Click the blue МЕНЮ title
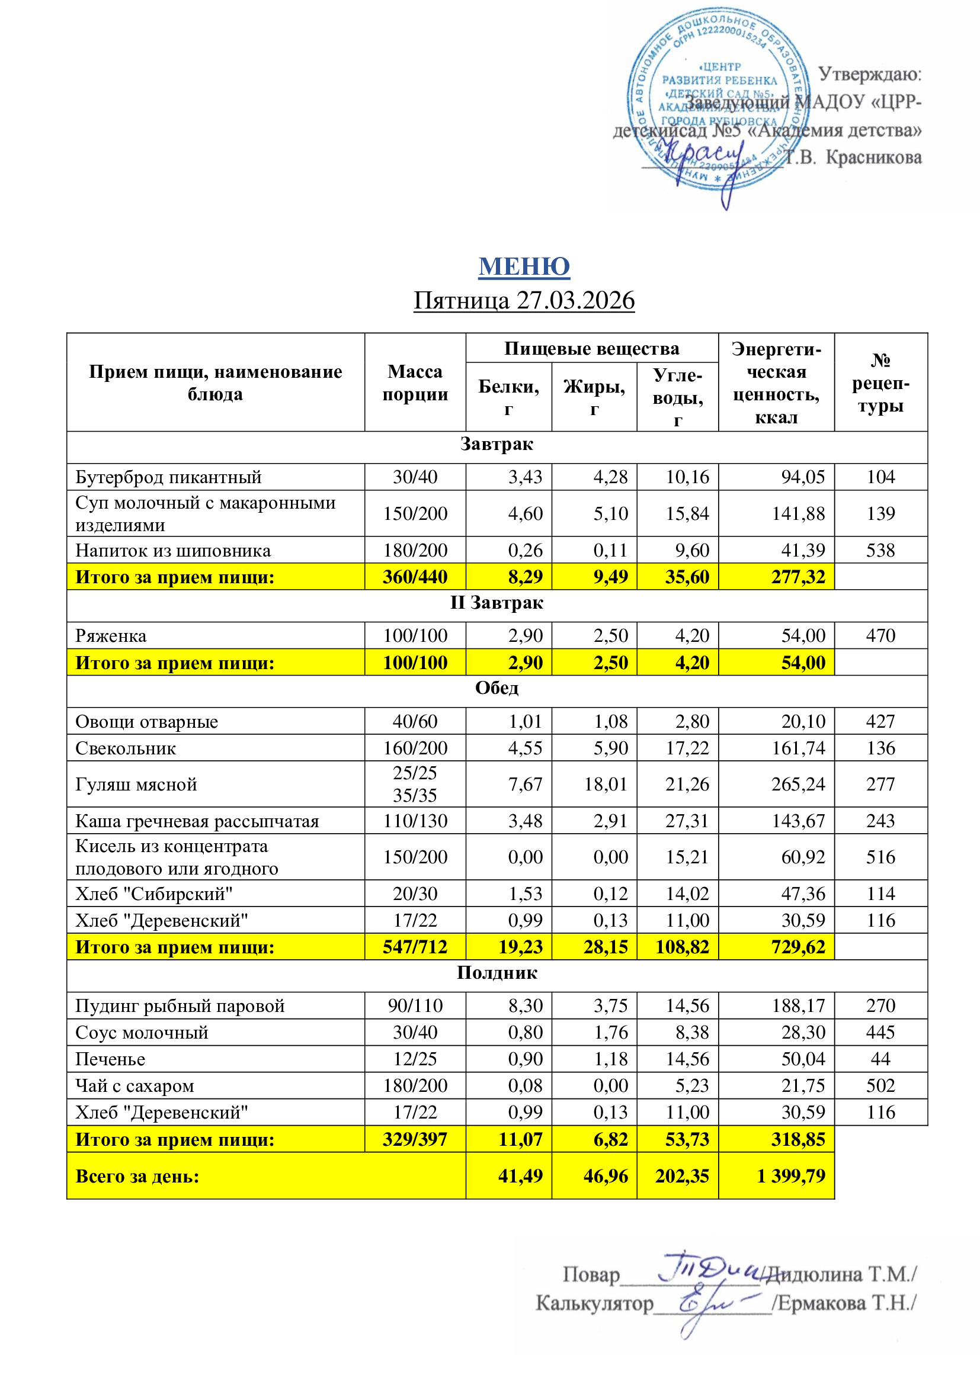524,266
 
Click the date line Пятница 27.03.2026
524,300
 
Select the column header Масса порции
415,383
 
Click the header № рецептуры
880,383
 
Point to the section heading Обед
496,688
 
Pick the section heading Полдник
496,972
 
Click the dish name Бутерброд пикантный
168,477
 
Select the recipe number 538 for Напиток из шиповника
880,550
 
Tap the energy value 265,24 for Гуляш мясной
798,784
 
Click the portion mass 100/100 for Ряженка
415,636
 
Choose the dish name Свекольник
126,748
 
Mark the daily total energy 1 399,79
790,1176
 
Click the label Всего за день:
137,1177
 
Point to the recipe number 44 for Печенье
880,1059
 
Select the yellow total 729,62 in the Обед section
798,947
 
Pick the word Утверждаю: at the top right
870,75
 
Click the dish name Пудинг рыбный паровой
180,1005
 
